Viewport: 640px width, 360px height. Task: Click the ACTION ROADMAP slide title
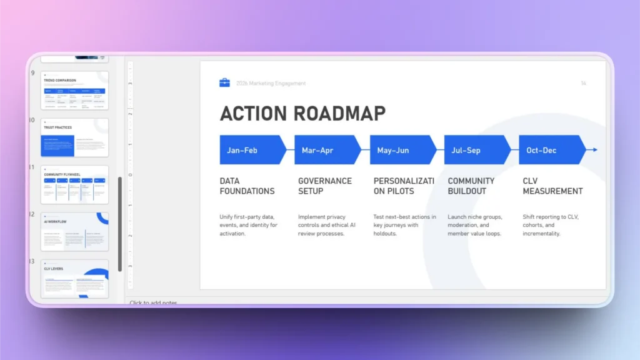[302, 113]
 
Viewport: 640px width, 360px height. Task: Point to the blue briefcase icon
[224, 82]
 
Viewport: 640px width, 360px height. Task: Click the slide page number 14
[583, 83]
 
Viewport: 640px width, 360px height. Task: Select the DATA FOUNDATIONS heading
[247, 186]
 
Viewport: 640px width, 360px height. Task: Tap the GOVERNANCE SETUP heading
[324, 186]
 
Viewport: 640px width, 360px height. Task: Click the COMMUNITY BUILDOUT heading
[471, 186]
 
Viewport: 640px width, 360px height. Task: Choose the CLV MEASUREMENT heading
[552, 186]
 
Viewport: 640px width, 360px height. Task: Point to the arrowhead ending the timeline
[594, 150]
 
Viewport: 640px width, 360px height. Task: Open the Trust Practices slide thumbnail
[74, 137]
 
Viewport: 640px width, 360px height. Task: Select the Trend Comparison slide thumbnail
[74, 91]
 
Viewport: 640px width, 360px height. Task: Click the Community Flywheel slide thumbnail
[74, 184]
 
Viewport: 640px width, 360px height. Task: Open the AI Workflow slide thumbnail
[74, 231]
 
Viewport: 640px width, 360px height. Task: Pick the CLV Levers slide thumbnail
[74, 279]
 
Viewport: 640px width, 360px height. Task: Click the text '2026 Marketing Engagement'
[271, 83]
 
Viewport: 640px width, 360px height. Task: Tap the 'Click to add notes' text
[153, 303]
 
